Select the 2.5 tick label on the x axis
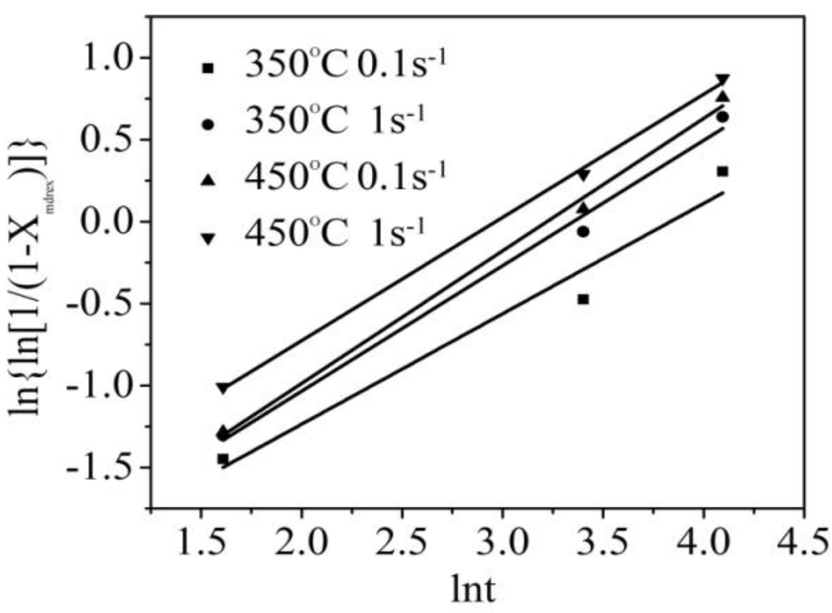point(402,542)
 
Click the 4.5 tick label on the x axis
point(803,542)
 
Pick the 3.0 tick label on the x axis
point(502,542)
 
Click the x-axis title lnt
point(473,589)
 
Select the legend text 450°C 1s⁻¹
point(335,233)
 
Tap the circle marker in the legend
point(208,124)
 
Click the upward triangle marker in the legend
point(208,180)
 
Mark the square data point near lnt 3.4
point(583,299)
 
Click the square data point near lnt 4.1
point(722,171)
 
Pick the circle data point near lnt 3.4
point(583,232)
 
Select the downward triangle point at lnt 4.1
point(722,80)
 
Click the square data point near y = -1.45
point(223,459)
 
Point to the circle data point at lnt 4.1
point(722,117)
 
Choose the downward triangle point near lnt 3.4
point(583,175)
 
